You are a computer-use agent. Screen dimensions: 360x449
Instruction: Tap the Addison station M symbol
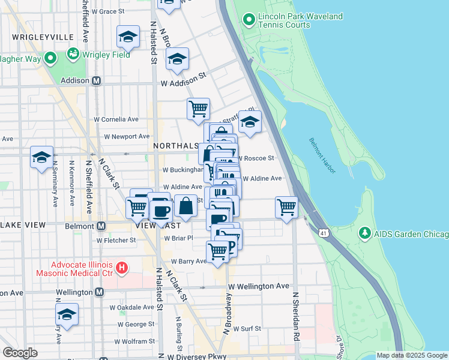[95, 80]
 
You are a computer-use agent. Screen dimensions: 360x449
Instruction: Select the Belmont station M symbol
[101, 226]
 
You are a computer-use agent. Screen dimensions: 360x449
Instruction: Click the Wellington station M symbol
[99, 292]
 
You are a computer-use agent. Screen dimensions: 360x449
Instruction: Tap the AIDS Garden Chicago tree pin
[364, 232]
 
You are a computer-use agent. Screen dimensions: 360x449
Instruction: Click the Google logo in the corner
[20, 353]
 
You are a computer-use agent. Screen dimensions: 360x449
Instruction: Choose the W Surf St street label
[248, 329]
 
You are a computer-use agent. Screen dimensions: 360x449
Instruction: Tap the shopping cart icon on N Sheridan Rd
[286, 207]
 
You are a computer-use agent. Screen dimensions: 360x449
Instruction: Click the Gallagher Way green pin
[50, 59]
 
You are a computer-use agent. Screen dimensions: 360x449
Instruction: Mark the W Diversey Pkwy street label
[197, 356]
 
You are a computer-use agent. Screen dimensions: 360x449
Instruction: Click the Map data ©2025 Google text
[412, 355]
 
